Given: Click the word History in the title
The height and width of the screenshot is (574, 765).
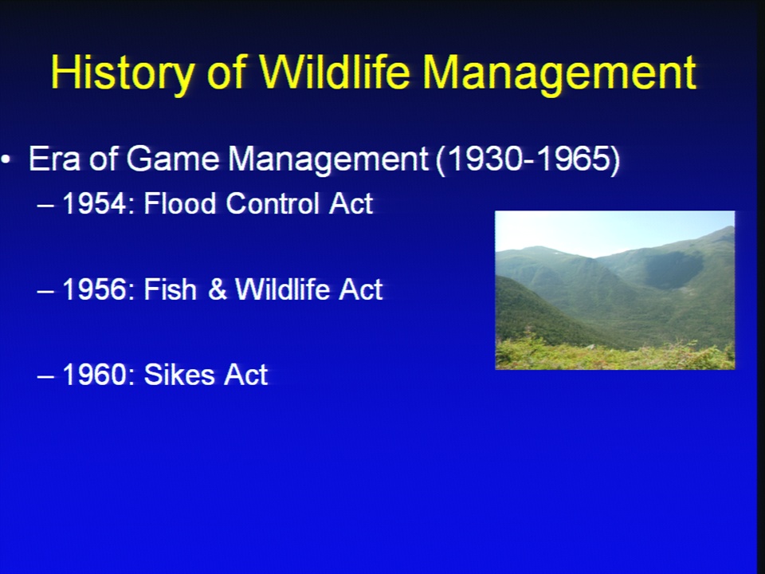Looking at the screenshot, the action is pyautogui.click(x=123, y=73).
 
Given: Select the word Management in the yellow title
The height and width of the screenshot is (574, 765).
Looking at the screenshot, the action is pyautogui.click(x=559, y=73).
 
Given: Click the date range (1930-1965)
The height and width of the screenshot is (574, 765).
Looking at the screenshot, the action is pyautogui.click(x=528, y=159).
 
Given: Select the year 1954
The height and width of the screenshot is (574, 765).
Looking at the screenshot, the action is pyautogui.click(x=95, y=203).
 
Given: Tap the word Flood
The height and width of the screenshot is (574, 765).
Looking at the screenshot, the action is pyautogui.click(x=179, y=203).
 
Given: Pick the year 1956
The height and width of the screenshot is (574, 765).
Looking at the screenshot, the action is pyautogui.click(x=95, y=289).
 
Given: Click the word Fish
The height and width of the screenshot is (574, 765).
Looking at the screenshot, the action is pyautogui.click(x=170, y=289).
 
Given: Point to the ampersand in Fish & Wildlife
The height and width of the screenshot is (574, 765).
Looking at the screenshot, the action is pyautogui.click(x=217, y=289).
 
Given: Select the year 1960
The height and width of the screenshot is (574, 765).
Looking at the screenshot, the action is pyautogui.click(x=95, y=375).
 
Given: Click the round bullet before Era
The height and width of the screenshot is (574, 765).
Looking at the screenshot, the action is pyautogui.click(x=6, y=159).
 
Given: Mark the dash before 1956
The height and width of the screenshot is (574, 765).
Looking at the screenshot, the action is pyautogui.click(x=45, y=292).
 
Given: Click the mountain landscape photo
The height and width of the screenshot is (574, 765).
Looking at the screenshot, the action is pyautogui.click(x=614, y=290).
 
